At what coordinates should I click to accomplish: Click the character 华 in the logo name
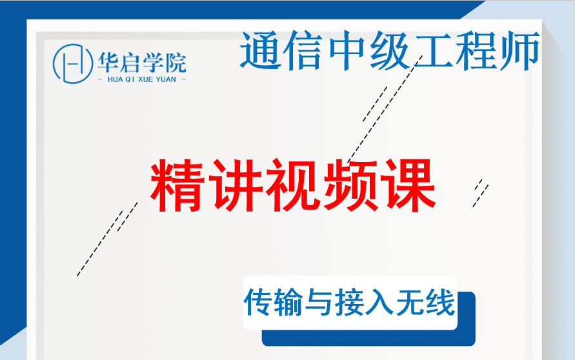108,62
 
